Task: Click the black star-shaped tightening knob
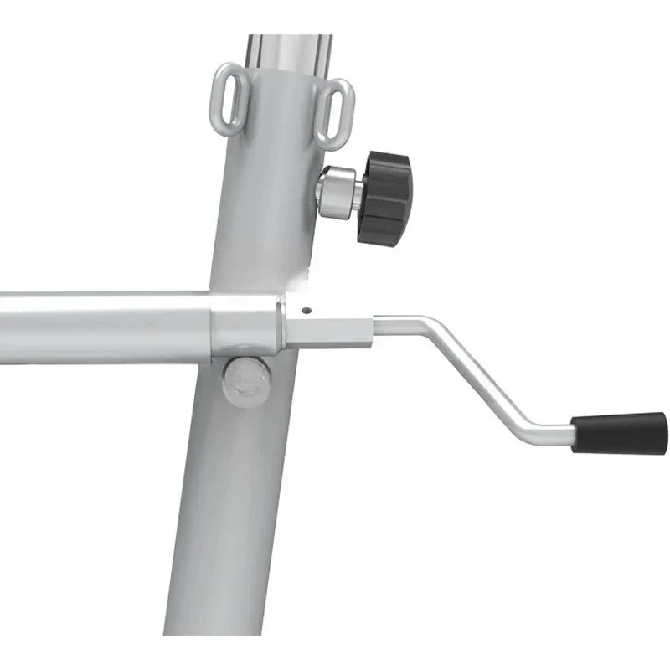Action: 383,198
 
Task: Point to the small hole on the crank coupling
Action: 307,309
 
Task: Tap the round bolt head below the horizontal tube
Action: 245,382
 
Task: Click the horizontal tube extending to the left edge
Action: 100,327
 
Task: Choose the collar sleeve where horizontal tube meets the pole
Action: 245,326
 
